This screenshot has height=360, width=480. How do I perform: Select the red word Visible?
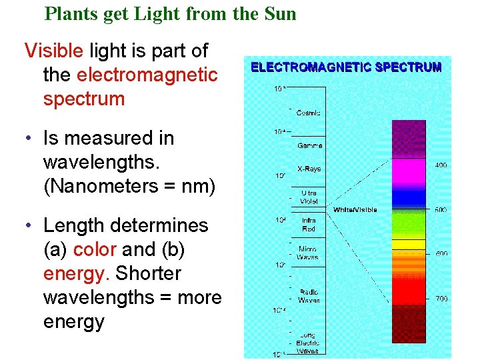click(x=54, y=51)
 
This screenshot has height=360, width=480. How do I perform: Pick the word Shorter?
click(x=148, y=273)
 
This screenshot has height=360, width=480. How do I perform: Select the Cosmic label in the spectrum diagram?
click(x=308, y=113)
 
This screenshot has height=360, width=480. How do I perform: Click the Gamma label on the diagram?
click(x=309, y=145)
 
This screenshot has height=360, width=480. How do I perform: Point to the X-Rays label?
click(x=309, y=169)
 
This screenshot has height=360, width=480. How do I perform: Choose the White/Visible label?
click(x=355, y=209)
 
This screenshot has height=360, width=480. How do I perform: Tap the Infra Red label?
click(x=309, y=225)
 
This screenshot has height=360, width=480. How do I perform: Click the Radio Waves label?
click(x=309, y=297)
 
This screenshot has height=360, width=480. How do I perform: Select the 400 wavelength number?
click(x=441, y=165)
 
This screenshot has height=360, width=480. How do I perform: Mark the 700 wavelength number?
click(x=441, y=299)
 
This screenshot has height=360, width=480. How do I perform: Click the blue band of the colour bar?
click(x=408, y=197)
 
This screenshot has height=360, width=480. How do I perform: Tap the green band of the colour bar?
click(x=408, y=224)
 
